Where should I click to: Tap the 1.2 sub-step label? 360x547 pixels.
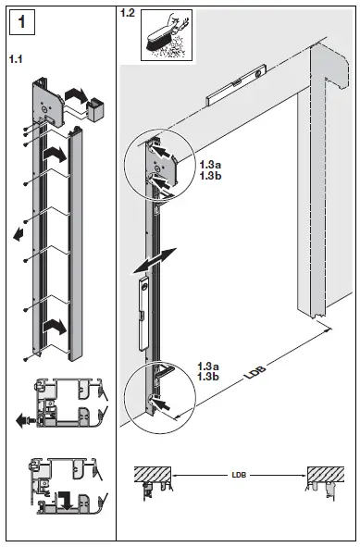pyautogui.click(x=127, y=13)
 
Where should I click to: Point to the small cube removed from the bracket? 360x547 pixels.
pyautogui.click(x=93, y=111)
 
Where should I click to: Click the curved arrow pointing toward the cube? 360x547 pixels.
pyautogui.click(x=74, y=94)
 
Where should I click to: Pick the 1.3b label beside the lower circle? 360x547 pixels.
pyautogui.click(x=209, y=379)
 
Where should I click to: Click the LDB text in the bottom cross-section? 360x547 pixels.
pyautogui.click(x=241, y=479)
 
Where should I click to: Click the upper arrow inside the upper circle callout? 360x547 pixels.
pyautogui.click(x=159, y=148)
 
